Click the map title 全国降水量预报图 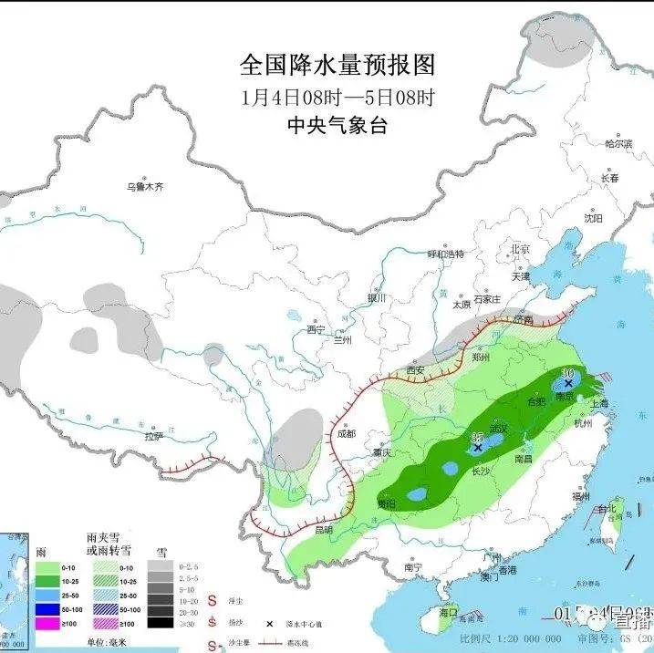coord(337,66)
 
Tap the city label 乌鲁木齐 coord(145,187)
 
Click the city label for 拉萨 coord(153,436)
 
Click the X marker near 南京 coord(569,384)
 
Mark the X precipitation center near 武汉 coord(478,448)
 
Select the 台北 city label coord(607,508)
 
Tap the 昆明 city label coord(324,530)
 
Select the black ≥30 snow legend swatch coord(161,623)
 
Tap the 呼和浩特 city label coord(446,254)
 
